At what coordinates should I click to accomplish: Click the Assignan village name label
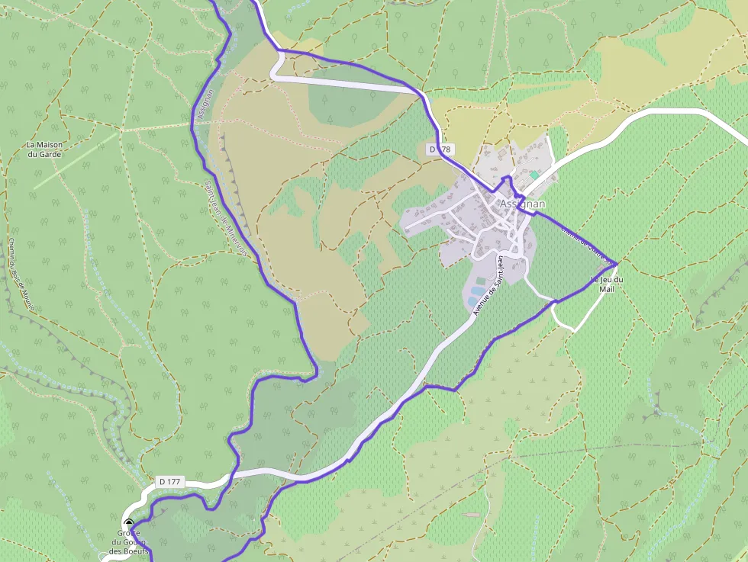click(522, 204)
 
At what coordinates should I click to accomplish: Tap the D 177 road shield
click(170, 482)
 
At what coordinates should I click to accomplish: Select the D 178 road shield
click(440, 149)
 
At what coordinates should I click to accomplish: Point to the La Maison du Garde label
click(44, 149)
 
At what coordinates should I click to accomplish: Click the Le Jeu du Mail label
click(608, 284)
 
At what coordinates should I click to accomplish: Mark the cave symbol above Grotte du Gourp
click(129, 523)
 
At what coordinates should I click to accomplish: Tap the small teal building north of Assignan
click(534, 175)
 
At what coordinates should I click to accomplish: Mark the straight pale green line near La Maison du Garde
click(76, 159)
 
